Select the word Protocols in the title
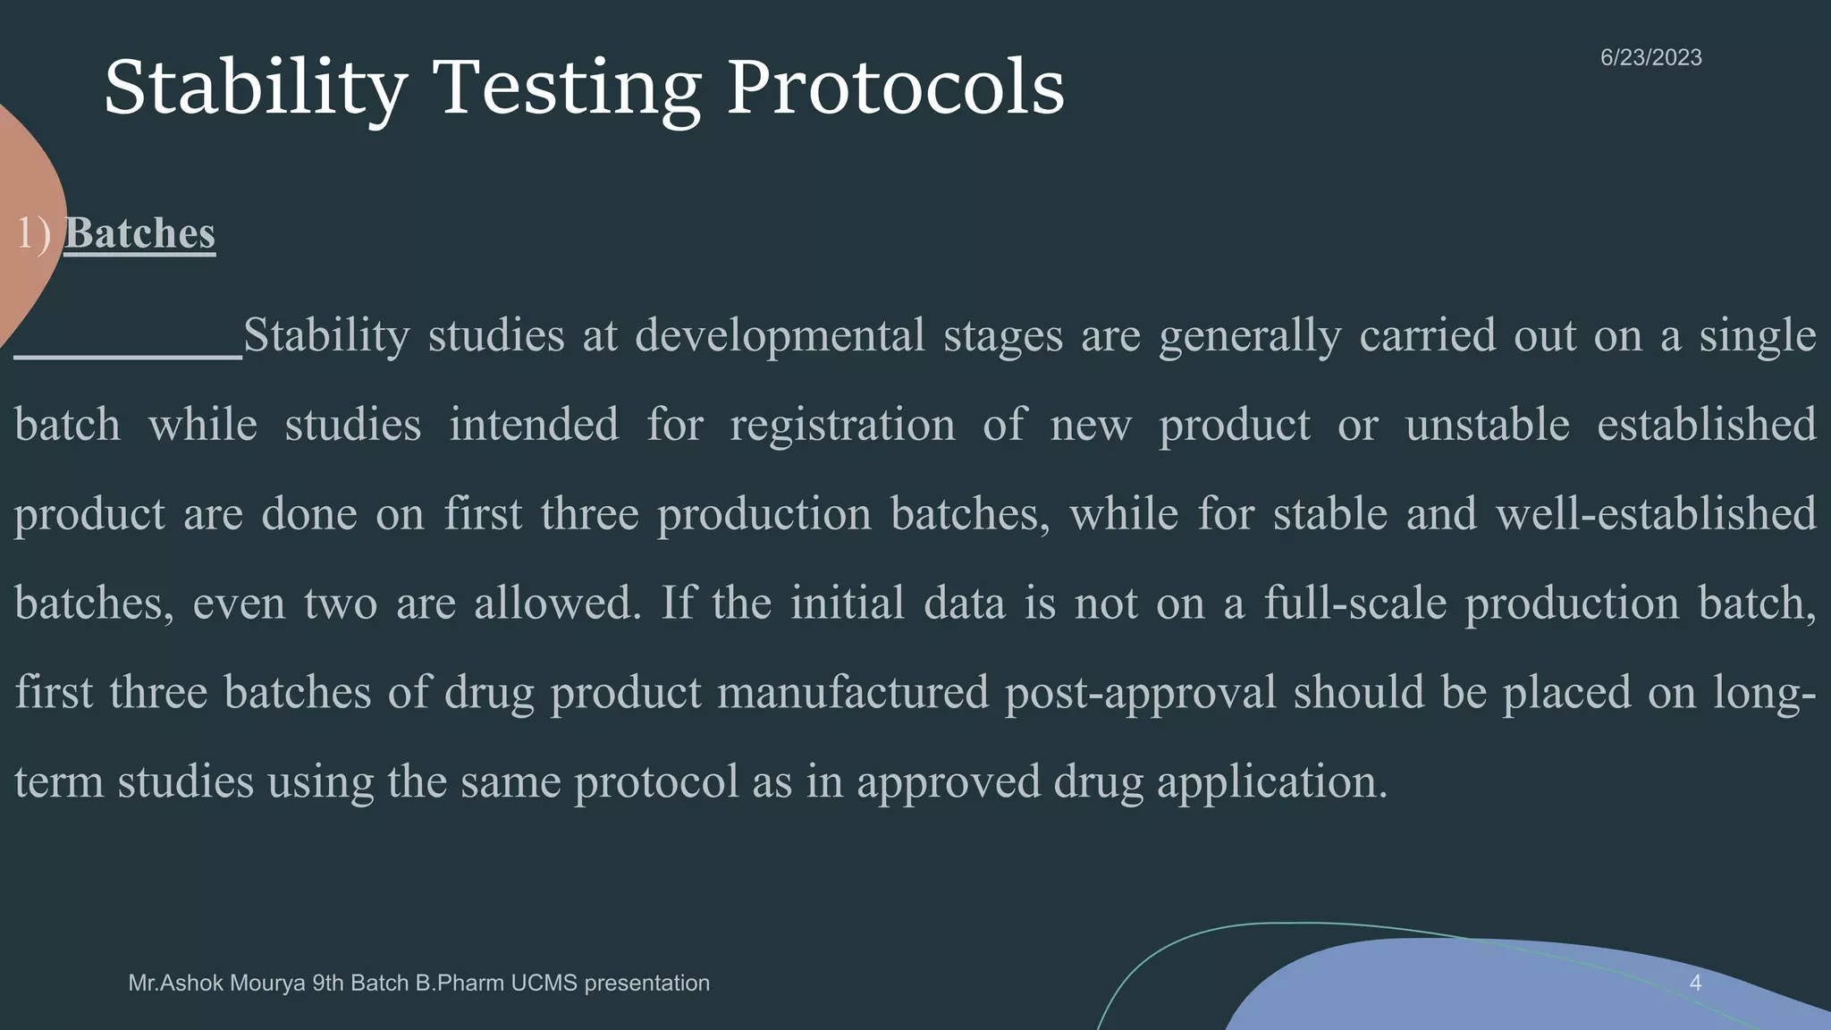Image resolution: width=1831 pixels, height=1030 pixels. (895, 88)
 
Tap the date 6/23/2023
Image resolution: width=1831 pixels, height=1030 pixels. (1650, 57)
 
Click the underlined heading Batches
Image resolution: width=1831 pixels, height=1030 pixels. (139, 233)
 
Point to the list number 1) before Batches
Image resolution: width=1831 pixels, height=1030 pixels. (34, 233)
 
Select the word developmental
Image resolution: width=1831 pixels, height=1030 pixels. (780, 336)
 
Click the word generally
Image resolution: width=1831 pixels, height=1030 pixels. (1250, 336)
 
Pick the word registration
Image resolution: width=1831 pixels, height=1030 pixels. (842, 425)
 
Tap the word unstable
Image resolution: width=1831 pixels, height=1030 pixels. (1487, 425)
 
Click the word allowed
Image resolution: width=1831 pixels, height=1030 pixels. (557, 604)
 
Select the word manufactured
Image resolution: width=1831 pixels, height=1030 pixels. (853, 693)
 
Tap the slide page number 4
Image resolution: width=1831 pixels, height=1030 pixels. (1695, 984)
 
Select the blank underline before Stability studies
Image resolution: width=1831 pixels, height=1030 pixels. (128, 355)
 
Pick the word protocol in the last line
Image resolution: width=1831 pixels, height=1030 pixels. (656, 782)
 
